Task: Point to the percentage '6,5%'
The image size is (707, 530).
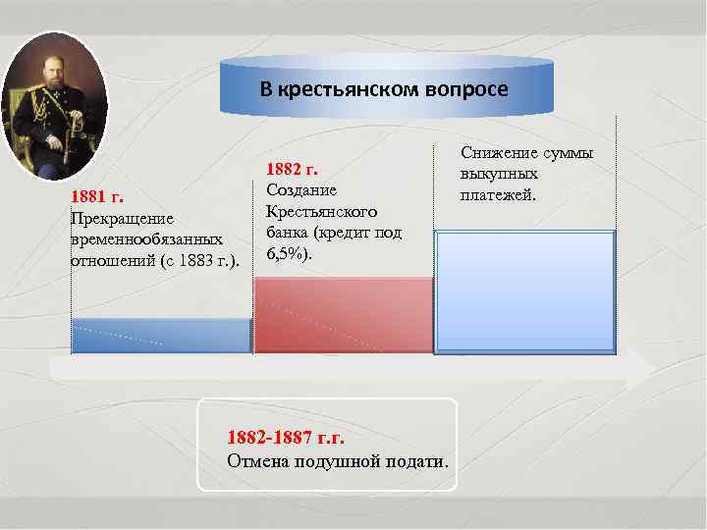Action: [x=285, y=254]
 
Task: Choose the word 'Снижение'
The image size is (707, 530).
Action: [x=500, y=152]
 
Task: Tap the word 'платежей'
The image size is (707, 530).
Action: [x=498, y=194]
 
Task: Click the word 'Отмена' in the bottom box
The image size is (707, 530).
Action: [x=258, y=460]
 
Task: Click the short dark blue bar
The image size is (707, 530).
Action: [x=162, y=335]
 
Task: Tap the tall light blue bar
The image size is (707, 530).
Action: [x=524, y=291]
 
